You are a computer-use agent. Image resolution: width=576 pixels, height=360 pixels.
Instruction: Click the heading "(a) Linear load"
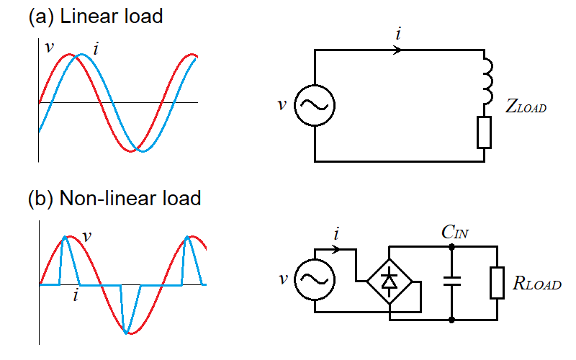pos(95,16)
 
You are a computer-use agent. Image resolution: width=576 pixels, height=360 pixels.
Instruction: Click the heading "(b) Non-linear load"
pos(114,197)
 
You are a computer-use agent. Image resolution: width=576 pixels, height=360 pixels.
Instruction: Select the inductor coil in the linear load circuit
pos(486,78)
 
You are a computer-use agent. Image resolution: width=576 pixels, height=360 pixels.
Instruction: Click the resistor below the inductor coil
pos(484,132)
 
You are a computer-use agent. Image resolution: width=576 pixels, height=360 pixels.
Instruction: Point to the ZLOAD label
pos(526,109)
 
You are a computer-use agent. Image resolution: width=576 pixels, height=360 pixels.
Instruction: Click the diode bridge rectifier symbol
pos(389,280)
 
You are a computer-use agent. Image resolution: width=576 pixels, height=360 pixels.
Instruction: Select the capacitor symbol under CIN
pos(451,282)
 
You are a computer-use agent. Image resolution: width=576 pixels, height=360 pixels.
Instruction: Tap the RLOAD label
pos(536,284)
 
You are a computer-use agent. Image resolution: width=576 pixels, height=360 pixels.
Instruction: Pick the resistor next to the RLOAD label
pos(498,282)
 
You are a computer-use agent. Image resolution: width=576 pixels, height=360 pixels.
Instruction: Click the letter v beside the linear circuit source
pos(282,105)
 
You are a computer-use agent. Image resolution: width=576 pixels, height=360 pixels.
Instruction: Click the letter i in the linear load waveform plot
pos(96,49)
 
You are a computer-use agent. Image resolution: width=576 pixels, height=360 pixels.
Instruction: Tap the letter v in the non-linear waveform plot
pos(86,235)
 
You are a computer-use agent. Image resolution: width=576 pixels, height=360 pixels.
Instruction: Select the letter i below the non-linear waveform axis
pos(76,295)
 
